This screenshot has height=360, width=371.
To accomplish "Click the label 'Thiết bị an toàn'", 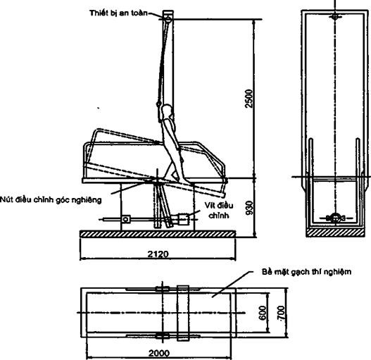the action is [x=118, y=13].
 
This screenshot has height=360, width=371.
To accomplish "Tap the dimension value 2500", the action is [x=249, y=99].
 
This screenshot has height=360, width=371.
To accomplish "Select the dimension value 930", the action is [x=249, y=208].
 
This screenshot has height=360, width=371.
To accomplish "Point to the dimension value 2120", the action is [x=158, y=254].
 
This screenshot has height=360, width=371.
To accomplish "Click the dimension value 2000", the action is [x=159, y=354].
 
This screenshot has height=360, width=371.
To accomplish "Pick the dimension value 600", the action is [x=263, y=313].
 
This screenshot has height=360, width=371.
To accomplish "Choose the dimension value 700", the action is [x=281, y=313].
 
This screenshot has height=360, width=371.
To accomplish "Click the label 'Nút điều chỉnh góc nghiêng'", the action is [x=51, y=200].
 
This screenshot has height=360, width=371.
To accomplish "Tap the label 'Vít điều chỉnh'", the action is [x=219, y=211].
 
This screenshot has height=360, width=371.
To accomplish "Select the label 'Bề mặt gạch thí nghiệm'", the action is [x=306, y=272].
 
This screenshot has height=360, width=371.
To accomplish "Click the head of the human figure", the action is [x=167, y=110].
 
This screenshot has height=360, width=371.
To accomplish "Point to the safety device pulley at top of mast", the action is [x=168, y=19].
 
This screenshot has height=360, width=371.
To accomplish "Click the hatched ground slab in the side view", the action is [x=158, y=234].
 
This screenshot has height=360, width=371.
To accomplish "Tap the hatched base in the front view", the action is [x=335, y=232].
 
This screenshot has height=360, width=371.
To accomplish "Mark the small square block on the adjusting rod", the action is [x=125, y=219].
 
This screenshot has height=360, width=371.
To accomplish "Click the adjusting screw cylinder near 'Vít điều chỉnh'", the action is [x=182, y=219].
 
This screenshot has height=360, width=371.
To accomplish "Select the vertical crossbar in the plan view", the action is [x=183, y=313].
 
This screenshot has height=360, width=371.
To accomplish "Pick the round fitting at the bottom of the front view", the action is [x=335, y=218].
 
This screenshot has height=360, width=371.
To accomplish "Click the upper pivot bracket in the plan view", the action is [x=163, y=289].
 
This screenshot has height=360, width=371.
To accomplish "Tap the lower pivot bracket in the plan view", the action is [x=163, y=335].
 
